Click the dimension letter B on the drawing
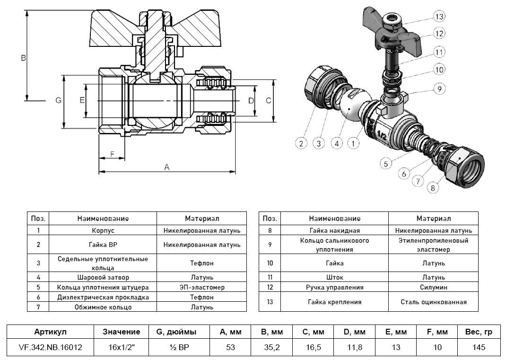[23, 58]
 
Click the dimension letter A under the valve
[166, 167]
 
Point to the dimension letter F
[112, 154]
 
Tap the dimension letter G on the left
[58, 100]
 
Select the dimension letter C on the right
[268, 100]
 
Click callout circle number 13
[439, 17]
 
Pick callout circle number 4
[337, 142]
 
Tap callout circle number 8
[431, 188]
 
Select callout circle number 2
[301, 142]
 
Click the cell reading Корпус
[103, 231]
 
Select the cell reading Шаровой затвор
[103, 277]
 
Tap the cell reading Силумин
[434, 287]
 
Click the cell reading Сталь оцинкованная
[434, 302]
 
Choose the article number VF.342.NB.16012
[51, 348]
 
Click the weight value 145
[479, 348]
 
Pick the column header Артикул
[51, 332]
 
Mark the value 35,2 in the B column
[271, 348]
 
